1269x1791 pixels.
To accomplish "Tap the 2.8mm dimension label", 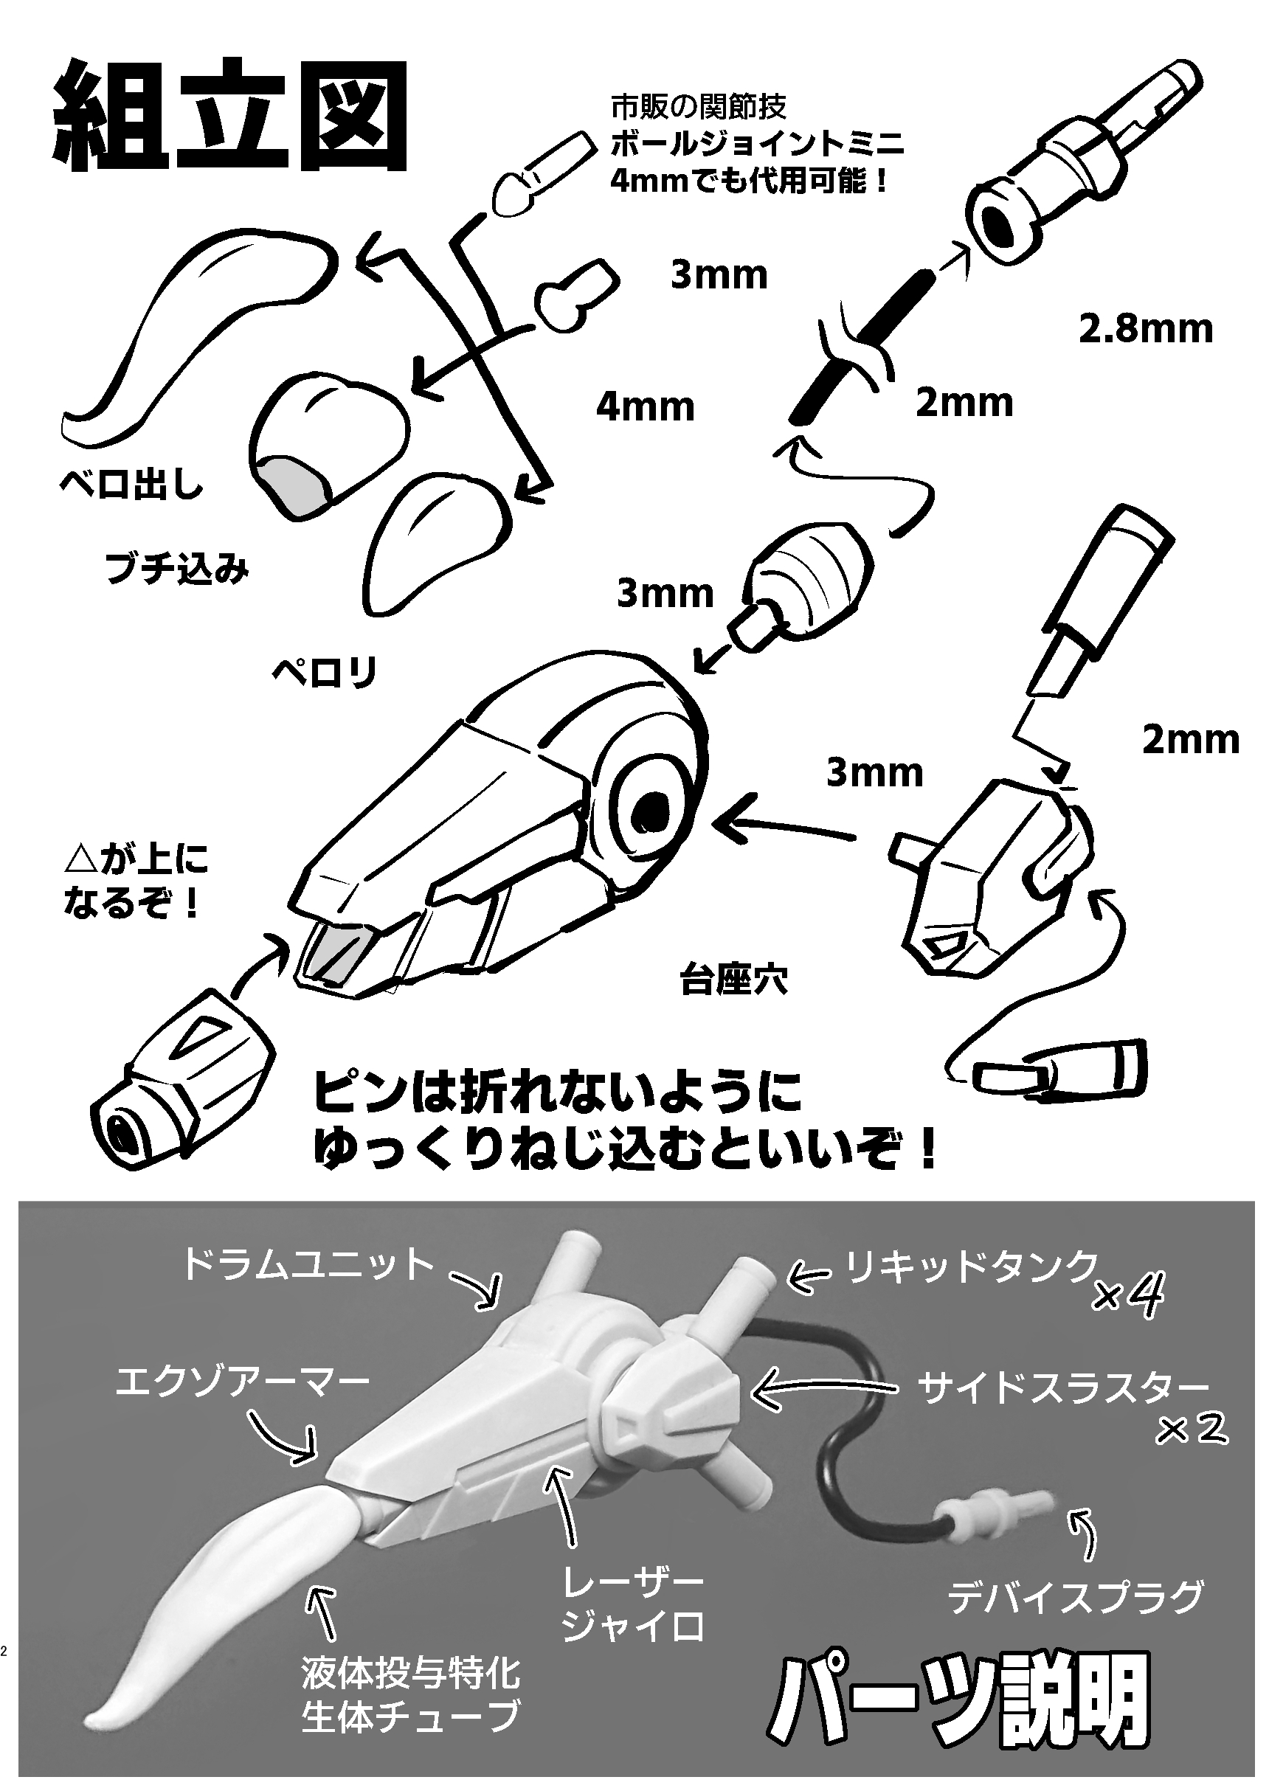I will pyautogui.click(x=1146, y=329).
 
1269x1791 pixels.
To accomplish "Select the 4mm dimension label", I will pyautogui.click(x=645, y=407).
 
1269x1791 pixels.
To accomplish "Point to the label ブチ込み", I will pyautogui.click(x=176, y=569).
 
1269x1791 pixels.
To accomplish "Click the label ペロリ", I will pyautogui.click(x=325, y=671).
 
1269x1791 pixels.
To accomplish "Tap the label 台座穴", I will pyautogui.click(x=733, y=981).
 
